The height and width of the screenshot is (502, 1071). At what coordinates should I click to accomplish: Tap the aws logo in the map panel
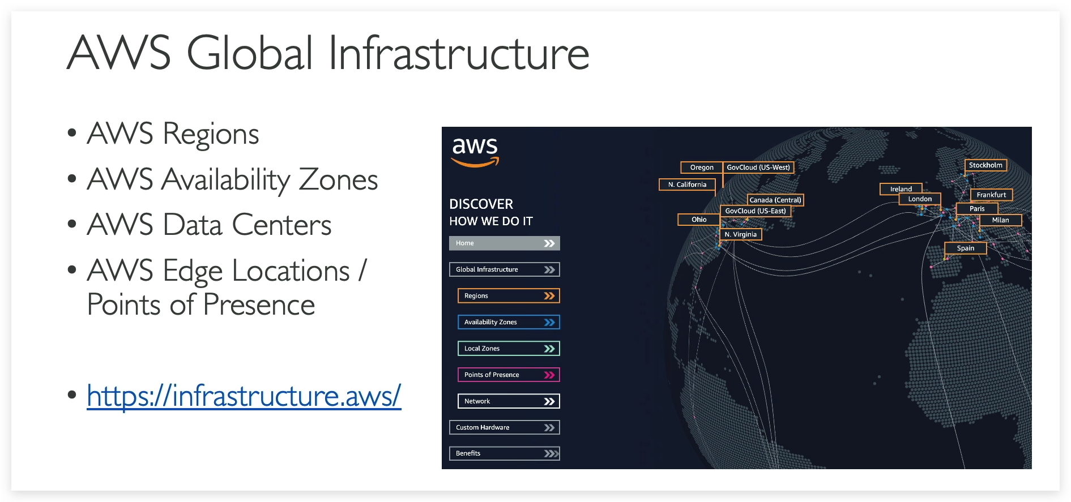pyautogui.click(x=475, y=152)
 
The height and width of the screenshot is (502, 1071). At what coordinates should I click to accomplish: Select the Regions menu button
pyautogui.click(x=508, y=296)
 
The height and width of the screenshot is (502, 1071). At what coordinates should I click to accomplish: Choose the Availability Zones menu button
pyautogui.click(x=508, y=322)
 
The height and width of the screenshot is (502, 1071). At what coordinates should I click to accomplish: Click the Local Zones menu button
pyautogui.click(x=508, y=349)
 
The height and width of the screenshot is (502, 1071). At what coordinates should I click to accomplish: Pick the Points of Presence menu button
pyautogui.click(x=508, y=375)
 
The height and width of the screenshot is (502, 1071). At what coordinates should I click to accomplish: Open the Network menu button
pyautogui.click(x=508, y=401)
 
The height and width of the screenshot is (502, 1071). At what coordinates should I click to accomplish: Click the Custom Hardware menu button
pyautogui.click(x=504, y=427)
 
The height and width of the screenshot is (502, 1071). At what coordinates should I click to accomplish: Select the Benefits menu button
pyautogui.click(x=504, y=453)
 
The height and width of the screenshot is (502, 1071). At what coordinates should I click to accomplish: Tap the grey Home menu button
pyautogui.click(x=504, y=243)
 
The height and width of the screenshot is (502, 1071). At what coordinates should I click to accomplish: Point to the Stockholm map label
pyautogui.click(x=985, y=165)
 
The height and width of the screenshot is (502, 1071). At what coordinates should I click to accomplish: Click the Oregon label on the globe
pyautogui.click(x=702, y=168)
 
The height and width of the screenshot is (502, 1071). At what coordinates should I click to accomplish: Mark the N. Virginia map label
pyautogui.click(x=741, y=234)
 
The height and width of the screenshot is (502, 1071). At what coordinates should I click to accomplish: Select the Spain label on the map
pyautogui.click(x=966, y=248)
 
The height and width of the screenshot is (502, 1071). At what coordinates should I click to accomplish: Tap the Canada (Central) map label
pyautogui.click(x=775, y=200)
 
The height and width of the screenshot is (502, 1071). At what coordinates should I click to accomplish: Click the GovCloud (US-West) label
pyautogui.click(x=758, y=168)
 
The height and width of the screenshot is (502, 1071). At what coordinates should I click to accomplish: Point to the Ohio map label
pyautogui.click(x=699, y=220)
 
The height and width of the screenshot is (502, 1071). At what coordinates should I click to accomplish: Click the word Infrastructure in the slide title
pyautogui.click(x=458, y=53)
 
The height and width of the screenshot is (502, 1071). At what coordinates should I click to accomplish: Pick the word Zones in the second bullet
pyautogui.click(x=338, y=180)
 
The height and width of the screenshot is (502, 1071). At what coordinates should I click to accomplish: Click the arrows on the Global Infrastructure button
pyautogui.click(x=549, y=269)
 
